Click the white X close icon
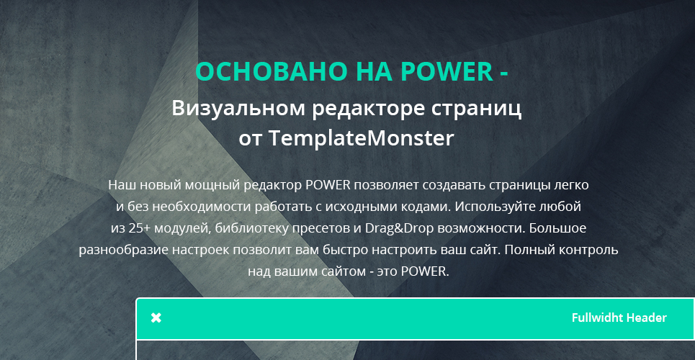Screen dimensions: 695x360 (x=156, y=318)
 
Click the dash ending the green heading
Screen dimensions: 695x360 (x=504, y=73)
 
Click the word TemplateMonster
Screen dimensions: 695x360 (x=362, y=138)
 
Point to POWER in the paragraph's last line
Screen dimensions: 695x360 (x=425, y=271)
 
